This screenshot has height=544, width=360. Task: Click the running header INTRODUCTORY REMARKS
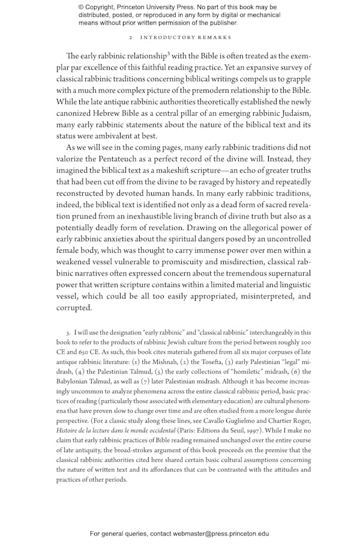pos(186,37)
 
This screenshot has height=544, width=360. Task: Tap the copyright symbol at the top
pos(82,7)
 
